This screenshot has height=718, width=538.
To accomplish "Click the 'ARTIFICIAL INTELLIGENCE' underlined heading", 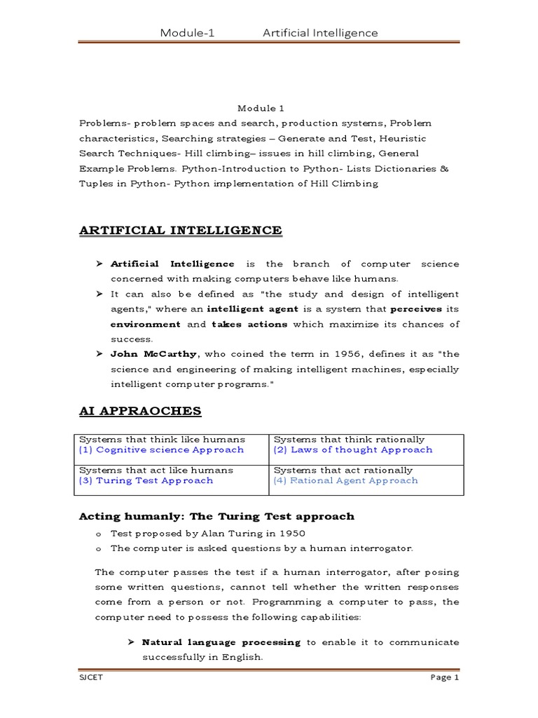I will pyautogui.click(x=180, y=230).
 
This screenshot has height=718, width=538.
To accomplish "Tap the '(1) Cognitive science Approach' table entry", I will pyautogui.click(x=161, y=449).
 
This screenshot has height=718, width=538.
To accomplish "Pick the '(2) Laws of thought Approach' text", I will pyautogui.click(x=352, y=449).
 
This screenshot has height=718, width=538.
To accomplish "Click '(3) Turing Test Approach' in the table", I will pyautogui.click(x=146, y=480).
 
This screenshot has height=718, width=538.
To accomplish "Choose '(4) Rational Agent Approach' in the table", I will pyautogui.click(x=345, y=480).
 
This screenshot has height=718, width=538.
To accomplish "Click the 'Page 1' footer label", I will pyautogui.click(x=444, y=678).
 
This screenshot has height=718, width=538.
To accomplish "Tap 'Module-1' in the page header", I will pyautogui.click(x=186, y=33).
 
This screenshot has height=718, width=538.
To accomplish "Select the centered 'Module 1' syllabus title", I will pyautogui.click(x=260, y=108).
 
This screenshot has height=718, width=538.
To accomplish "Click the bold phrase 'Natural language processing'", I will pyautogui.click(x=221, y=642).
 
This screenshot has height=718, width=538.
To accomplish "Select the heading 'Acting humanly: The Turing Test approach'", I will pyautogui.click(x=217, y=516).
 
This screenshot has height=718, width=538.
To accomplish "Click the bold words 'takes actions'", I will pyautogui.click(x=249, y=324).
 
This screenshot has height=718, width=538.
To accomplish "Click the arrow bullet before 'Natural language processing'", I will pyautogui.click(x=131, y=642).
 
